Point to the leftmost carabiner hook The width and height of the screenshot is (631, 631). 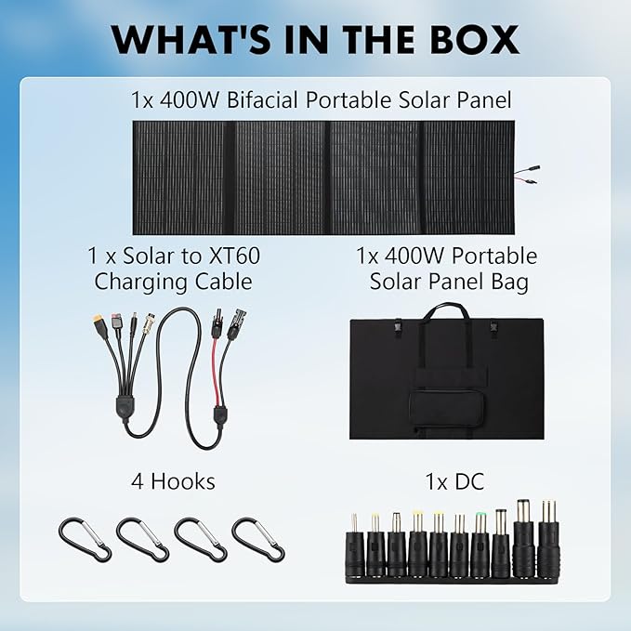click(x=85, y=539)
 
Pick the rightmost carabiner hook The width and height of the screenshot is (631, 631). click(x=258, y=539)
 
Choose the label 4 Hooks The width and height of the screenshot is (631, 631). click(x=173, y=481)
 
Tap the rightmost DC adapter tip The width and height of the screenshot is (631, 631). click(x=548, y=543)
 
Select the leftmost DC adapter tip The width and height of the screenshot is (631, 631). click(x=354, y=547)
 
